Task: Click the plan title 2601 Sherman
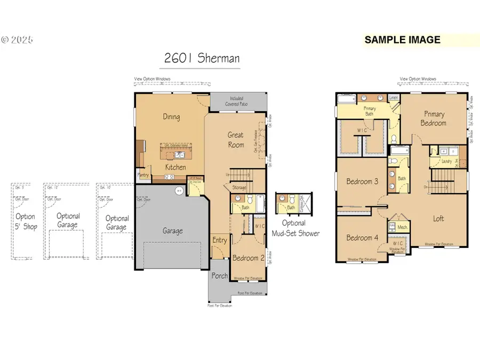(x=202, y=59)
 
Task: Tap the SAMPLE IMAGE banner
(x=403, y=40)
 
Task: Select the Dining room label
(x=171, y=117)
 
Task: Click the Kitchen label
(x=175, y=167)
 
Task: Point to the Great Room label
(x=236, y=140)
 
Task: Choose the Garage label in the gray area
(x=172, y=231)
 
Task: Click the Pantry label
(x=143, y=175)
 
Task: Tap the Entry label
(x=220, y=241)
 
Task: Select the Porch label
(x=219, y=276)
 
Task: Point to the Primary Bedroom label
(x=434, y=118)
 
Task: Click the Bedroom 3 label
(x=362, y=181)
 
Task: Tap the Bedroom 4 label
(x=362, y=237)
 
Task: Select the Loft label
(x=438, y=218)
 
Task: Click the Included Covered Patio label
(x=236, y=101)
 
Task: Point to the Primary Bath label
(x=370, y=111)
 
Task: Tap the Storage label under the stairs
(x=238, y=187)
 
